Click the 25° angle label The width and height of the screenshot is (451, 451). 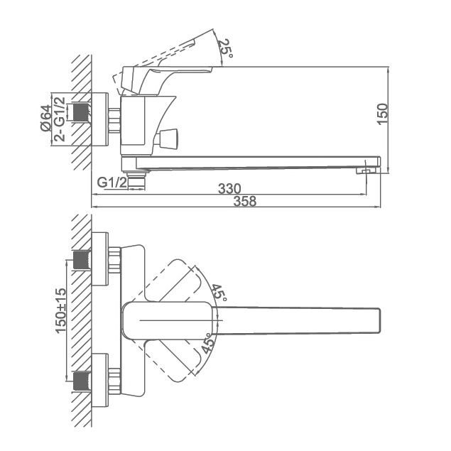(225, 48)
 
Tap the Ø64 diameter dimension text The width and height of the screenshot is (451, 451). (45, 118)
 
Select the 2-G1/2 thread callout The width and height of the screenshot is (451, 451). (60, 119)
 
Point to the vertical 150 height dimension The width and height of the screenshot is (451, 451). (382, 114)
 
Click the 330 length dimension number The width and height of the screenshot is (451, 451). (229, 189)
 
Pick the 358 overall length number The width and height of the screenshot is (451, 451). (245, 201)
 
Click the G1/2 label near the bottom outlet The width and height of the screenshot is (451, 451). (112, 183)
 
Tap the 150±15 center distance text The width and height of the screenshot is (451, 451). (60, 311)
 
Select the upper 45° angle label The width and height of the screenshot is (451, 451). (219, 292)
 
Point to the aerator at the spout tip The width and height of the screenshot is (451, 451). (366, 171)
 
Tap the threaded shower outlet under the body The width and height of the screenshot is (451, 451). (136, 180)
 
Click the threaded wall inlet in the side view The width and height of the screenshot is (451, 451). (82, 112)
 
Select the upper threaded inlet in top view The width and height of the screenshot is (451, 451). (82, 260)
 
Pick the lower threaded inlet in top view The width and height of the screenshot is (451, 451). (82, 381)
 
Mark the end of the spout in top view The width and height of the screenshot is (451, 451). (379, 321)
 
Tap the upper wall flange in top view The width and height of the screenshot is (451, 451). (100, 259)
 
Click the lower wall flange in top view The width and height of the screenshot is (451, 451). (100, 380)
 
